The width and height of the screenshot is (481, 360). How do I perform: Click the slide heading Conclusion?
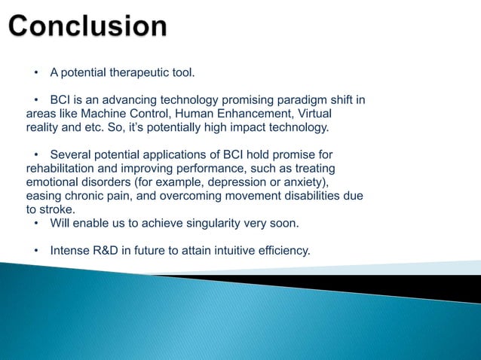[89, 26]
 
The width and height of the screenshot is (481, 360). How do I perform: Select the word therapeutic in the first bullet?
[141, 73]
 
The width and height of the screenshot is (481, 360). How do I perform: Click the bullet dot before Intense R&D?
[35, 250]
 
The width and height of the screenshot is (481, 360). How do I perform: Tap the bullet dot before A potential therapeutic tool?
[35, 73]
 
